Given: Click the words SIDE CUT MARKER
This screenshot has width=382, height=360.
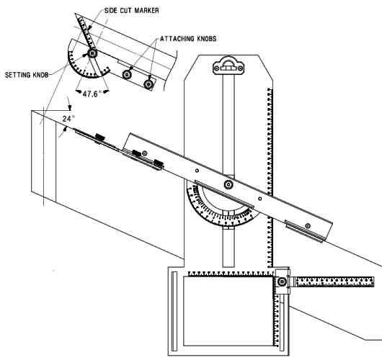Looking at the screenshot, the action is pyautogui.click(x=132, y=11).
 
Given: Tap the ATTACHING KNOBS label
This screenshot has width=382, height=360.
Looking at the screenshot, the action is pyautogui.click(x=188, y=39).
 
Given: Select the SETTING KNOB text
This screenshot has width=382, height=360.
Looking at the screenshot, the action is pyautogui.click(x=27, y=75).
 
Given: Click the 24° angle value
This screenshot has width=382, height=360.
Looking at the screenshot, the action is pyautogui.click(x=68, y=119).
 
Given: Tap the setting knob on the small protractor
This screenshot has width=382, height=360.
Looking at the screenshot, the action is pyautogui.click(x=92, y=53).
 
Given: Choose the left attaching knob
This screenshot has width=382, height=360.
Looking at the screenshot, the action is pyautogui.click(x=126, y=74).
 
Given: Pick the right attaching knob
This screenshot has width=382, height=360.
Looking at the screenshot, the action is pyautogui.click(x=148, y=84).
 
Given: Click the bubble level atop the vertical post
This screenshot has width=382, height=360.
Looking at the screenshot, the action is pyautogui.click(x=228, y=66).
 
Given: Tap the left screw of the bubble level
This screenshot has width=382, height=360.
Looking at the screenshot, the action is pyautogui.click(x=216, y=68).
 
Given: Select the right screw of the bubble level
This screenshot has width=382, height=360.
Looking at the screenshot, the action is pyautogui.click(x=240, y=68).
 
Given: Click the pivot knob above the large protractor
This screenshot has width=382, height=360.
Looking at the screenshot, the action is pyautogui.click(x=228, y=185).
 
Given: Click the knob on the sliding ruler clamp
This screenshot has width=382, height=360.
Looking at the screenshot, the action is pyautogui.click(x=282, y=282).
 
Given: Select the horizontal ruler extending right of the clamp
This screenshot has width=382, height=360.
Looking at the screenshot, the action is pyautogui.click(x=334, y=282).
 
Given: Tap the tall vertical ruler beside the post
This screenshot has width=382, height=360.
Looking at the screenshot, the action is pyautogui.click(x=270, y=178).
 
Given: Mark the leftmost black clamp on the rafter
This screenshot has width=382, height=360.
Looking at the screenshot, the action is pyautogui.click(x=99, y=138).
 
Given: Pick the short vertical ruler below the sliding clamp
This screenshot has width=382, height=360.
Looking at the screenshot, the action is pyautogui.click(x=277, y=320).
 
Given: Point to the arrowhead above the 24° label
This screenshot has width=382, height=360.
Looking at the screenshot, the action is pyautogui.click(x=70, y=107).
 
